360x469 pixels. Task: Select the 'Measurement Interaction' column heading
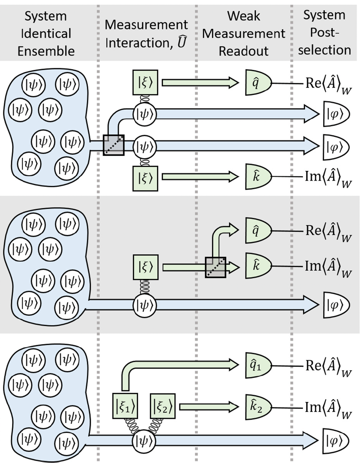tap(147, 33)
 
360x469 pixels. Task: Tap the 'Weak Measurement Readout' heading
tap(244, 33)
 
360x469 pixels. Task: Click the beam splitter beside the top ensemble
tap(114, 145)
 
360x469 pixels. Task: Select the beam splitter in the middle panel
tap(216, 267)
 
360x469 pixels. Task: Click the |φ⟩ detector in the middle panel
tap(334, 304)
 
